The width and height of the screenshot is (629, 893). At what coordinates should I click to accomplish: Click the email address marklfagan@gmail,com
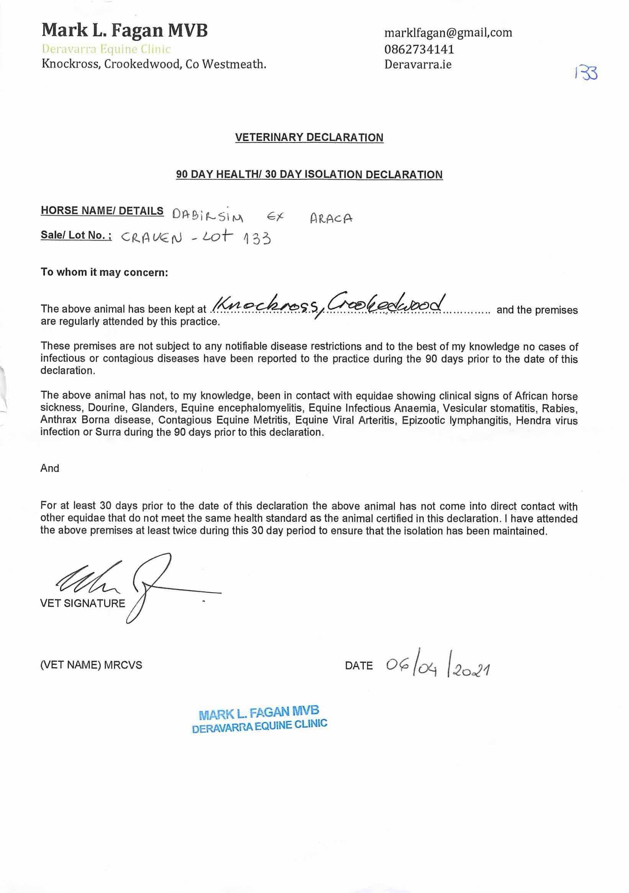(448, 33)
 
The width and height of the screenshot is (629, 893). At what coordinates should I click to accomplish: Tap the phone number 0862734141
(419, 49)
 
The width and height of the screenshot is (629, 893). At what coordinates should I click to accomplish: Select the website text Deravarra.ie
(418, 64)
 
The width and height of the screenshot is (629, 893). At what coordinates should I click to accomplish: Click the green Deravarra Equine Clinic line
(106, 49)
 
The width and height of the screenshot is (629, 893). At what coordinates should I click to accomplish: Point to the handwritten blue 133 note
(586, 73)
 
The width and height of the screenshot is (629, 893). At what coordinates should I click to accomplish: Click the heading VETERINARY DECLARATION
(309, 137)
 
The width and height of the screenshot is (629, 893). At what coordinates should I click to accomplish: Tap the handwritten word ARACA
(331, 218)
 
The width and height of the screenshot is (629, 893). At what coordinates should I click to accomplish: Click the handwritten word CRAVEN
(151, 237)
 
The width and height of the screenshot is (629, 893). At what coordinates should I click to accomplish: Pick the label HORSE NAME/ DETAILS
(102, 211)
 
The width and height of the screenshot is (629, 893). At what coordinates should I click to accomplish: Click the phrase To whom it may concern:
(104, 272)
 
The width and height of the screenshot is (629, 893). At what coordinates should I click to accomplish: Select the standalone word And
(50, 468)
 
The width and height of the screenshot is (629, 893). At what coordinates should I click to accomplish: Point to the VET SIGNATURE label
(82, 603)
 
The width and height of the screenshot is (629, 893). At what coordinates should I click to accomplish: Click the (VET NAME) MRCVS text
(91, 665)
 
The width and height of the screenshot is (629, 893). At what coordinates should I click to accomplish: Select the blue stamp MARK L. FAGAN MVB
(259, 713)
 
